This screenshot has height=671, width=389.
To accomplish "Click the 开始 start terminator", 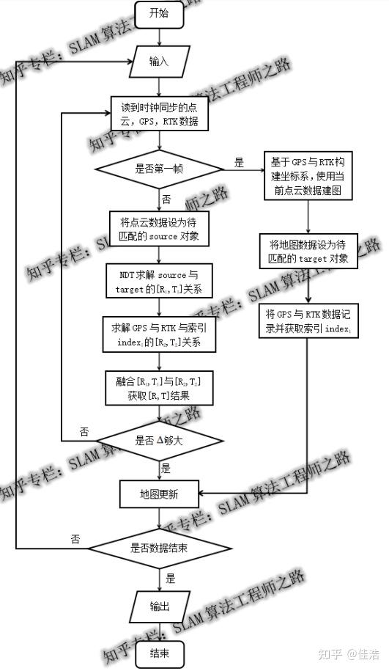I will point(159,12).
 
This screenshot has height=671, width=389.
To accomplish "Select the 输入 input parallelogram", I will point(159,61).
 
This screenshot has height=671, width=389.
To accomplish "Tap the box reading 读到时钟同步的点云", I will point(159,114).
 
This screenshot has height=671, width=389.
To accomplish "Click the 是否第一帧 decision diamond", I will point(159,168).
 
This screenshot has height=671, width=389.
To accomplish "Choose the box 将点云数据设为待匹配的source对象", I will point(159,229).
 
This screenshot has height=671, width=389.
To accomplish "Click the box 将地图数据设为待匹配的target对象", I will point(307,251).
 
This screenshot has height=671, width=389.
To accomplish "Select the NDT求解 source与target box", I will point(159,282).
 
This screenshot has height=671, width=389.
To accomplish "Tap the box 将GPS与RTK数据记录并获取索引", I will point(307,321).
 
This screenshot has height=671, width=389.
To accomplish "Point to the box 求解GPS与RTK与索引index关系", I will point(159,334).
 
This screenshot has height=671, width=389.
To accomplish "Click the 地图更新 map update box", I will point(159,494).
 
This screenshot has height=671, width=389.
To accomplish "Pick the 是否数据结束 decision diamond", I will point(159,547).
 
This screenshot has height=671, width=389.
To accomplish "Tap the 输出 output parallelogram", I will point(159,606).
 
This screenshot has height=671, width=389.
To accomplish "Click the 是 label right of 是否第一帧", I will point(239,163).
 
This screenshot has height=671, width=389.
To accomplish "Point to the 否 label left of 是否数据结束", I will point(75,538).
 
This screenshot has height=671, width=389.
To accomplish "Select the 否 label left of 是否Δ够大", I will point(85,433).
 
